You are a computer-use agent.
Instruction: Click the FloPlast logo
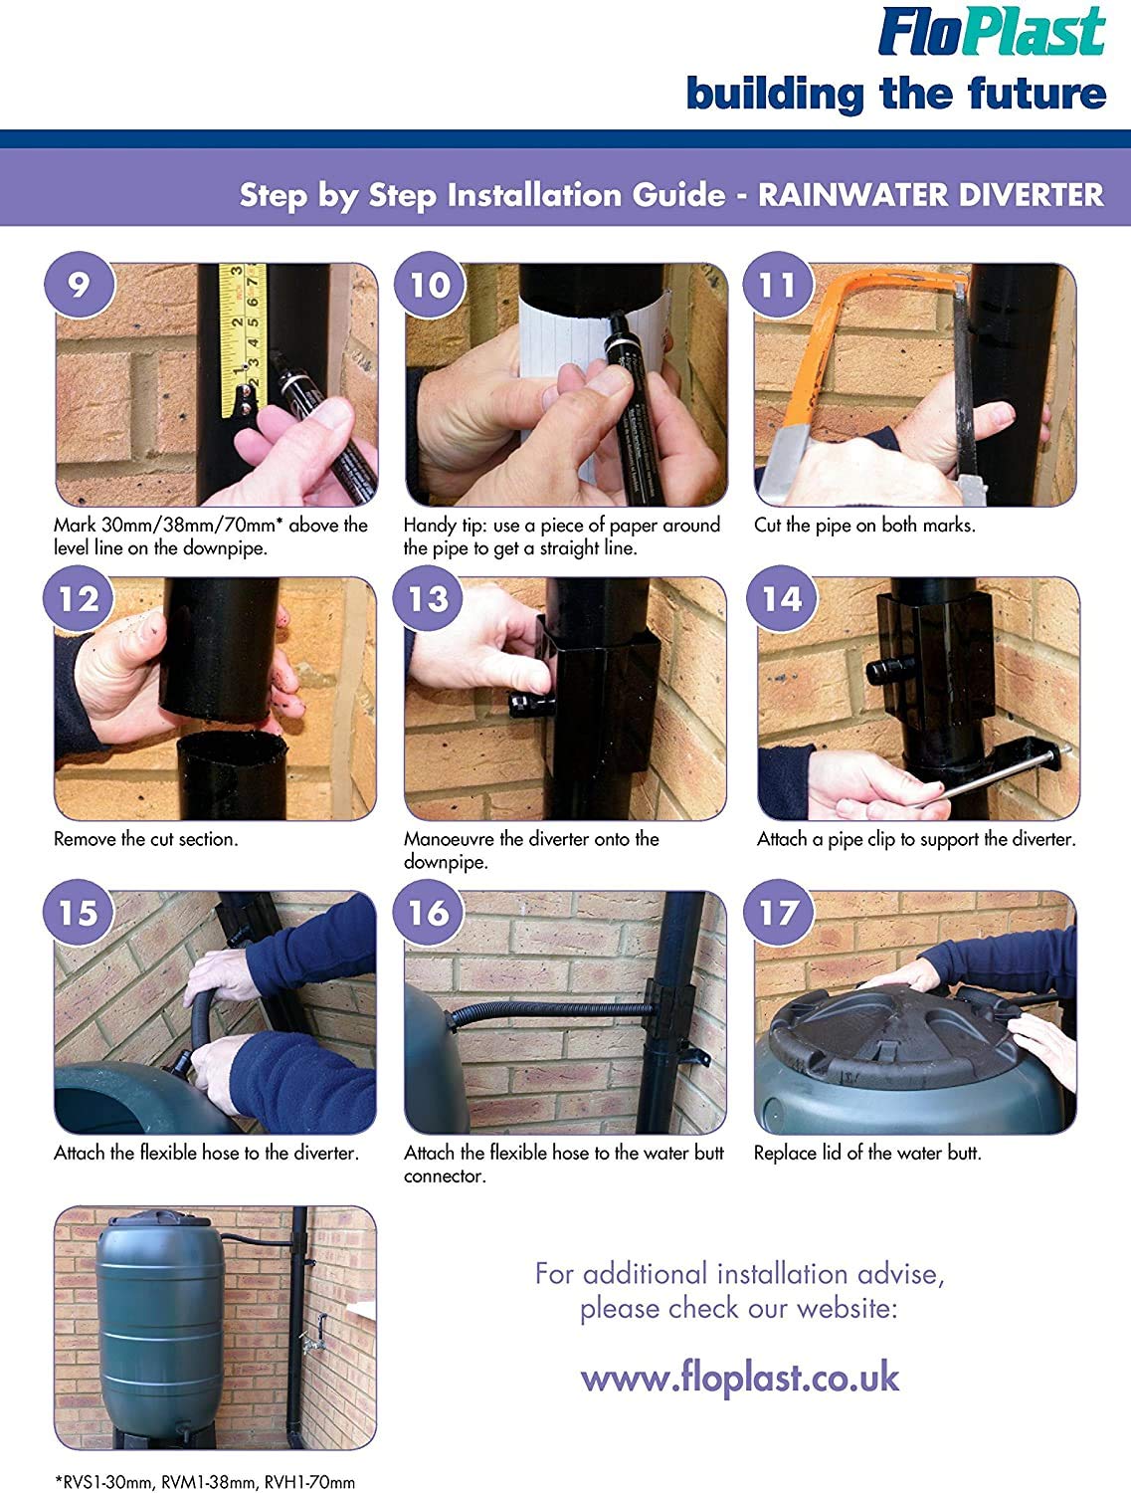(992, 31)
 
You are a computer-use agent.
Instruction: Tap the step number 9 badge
(79, 284)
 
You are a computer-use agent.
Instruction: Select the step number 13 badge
(428, 598)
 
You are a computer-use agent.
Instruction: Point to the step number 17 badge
(778, 912)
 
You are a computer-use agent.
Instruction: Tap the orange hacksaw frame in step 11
(863, 353)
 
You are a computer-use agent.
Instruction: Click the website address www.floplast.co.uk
(739, 1379)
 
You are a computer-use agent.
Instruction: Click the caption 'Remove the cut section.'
(146, 839)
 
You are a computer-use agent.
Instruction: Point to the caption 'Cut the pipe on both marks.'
(864, 526)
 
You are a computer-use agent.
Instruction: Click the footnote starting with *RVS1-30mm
(205, 1477)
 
